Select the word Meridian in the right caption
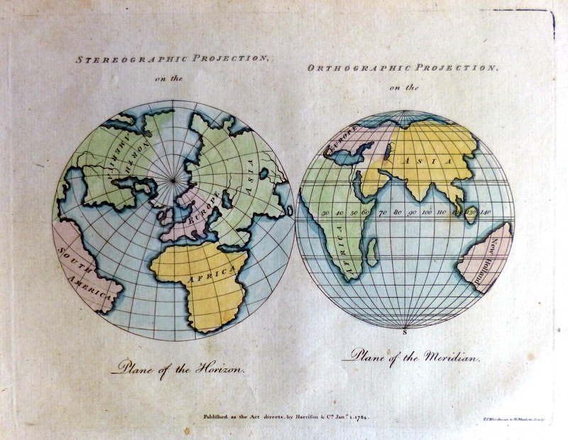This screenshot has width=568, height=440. (447, 358)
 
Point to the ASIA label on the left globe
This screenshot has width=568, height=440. (250, 178)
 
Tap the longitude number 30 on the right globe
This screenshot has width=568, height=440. (325, 212)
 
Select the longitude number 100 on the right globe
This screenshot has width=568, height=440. (427, 212)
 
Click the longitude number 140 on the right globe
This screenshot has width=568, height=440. (486, 212)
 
